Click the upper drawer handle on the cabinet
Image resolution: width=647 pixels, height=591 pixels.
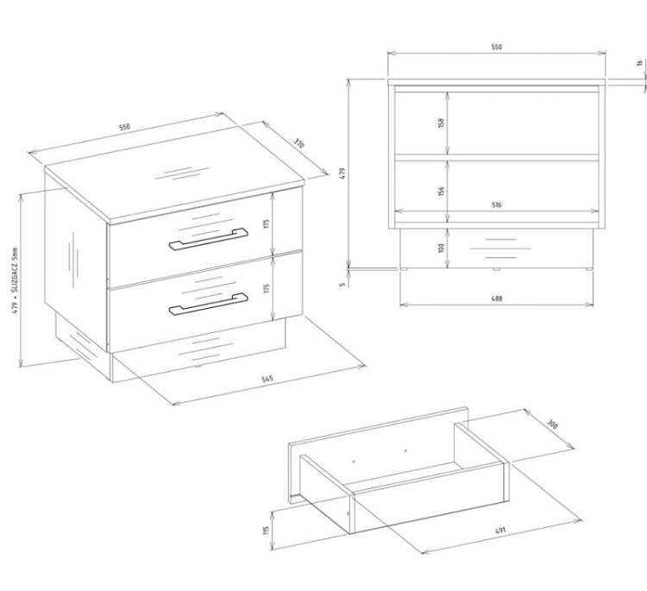click(208, 239)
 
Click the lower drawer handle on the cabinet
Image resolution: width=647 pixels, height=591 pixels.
click(208, 305)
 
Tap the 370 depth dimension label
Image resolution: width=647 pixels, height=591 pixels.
click(299, 143)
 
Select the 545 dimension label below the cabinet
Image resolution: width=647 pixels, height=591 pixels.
click(267, 379)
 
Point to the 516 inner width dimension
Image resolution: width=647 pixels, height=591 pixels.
click(497, 204)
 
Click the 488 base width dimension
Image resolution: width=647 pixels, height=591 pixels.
click(497, 299)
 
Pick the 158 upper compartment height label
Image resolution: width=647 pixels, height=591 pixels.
click(442, 123)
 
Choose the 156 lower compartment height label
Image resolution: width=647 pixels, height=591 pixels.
click(442, 191)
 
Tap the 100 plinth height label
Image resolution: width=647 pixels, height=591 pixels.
click(442, 248)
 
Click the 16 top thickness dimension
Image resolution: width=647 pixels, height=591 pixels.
click(640, 63)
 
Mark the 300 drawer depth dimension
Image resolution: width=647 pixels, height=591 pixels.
click(552, 424)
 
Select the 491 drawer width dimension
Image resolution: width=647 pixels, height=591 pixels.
click(500, 531)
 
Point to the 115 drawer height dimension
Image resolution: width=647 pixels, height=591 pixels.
click(267, 530)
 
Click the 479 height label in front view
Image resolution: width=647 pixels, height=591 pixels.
click(342, 173)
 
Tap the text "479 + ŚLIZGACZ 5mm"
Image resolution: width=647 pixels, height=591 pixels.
click(15, 280)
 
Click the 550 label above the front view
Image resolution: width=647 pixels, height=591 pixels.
click(497, 47)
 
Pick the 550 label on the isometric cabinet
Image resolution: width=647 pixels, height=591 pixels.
click(124, 127)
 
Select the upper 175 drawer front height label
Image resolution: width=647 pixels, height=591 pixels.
click(267, 223)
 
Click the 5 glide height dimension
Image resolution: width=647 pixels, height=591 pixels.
click(342, 284)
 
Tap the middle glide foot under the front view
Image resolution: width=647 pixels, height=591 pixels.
click(496, 269)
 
